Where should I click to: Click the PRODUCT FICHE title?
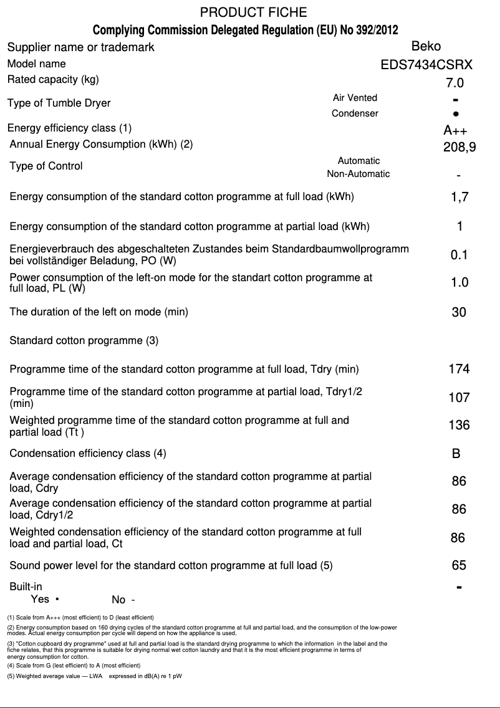pos(253,12)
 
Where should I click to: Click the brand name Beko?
pos(426,46)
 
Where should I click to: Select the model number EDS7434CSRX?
pos(426,64)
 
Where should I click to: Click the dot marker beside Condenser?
pos(456,114)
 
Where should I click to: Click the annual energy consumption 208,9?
pos(459,148)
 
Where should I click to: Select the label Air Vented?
pos(355,98)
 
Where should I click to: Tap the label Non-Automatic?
pos(358,174)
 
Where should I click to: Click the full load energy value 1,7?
pos(459,198)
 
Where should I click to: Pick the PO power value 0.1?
pos(459,255)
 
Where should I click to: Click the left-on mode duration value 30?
pos(458,312)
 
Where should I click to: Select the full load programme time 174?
pos(459,369)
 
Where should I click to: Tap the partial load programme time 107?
pos(459,398)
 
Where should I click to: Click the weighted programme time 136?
pos(459,426)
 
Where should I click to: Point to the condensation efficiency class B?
pos(456,454)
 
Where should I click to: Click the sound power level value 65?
pos(459,566)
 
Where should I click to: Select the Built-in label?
pos(26,586)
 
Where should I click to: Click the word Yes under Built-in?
pos(40,599)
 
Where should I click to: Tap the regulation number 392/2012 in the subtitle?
pos(373,30)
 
